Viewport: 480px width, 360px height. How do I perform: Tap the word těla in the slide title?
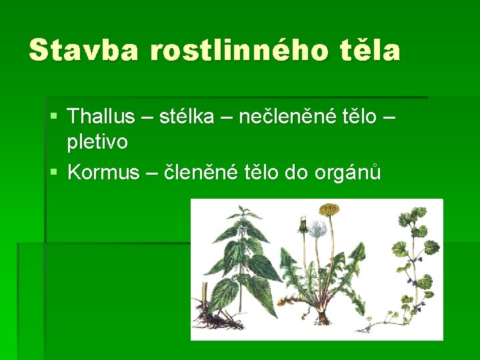point(368,50)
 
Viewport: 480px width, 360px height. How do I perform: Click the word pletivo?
point(98,141)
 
